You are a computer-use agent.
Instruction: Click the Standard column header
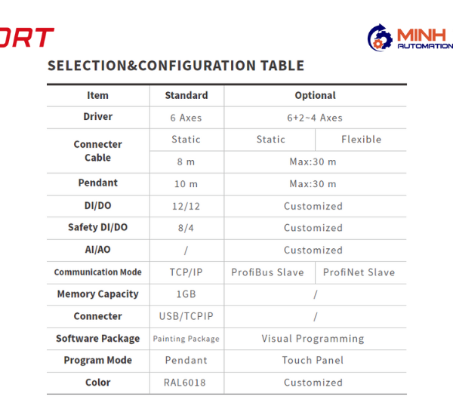tap(186, 95)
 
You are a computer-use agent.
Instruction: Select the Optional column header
tap(315, 96)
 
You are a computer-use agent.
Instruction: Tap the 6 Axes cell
tap(186, 118)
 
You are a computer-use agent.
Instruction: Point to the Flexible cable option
tap(361, 140)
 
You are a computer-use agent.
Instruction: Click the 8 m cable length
tap(186, 161)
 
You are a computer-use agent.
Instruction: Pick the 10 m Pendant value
tap(186, 184)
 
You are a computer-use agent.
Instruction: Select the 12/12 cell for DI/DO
tap(186, 206)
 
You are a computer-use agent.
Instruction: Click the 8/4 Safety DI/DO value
tap(186, 228)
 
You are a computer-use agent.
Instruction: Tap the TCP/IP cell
tap(186, 272)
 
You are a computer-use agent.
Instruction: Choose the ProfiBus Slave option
tap(267, 272)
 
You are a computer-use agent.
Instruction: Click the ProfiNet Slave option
tap(359, 272)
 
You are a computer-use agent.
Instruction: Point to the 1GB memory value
tap(186, 294)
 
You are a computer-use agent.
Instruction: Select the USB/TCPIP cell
tap(186, 316)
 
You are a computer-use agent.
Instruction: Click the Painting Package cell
tap(186, 339)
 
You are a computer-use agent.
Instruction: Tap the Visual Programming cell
tap(313, 339)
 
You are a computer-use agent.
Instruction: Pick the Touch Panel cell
tap(313, 361)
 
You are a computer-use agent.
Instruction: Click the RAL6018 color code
tap(185, 383)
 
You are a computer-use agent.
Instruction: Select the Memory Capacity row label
tap(98, 294)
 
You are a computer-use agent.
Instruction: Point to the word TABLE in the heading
tap(282, 66)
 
